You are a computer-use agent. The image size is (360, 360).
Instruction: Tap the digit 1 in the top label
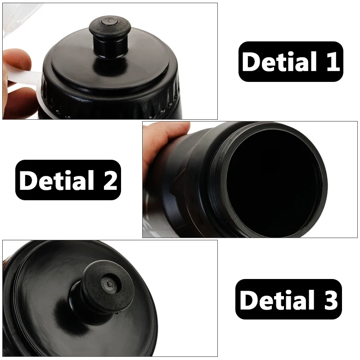(x=332, y=62)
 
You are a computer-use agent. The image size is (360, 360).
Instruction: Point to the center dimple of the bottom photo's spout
(x=108, y=283)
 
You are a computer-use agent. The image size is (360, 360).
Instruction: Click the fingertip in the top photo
(x=16, y=61)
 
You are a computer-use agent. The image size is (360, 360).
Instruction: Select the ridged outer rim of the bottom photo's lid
(x=13, y=288)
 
